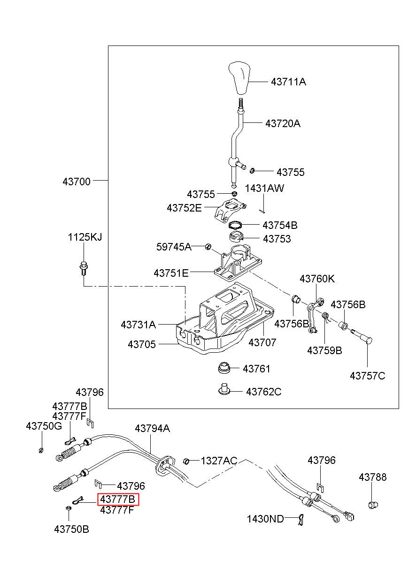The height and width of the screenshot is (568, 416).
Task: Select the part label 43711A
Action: [288, 82]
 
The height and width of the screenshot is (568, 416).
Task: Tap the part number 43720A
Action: [283, 123]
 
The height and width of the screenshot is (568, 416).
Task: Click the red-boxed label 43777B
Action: [118, 499]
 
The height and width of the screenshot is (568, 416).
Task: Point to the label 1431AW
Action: [264, 188]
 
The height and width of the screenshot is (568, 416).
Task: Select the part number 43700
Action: [77, 182]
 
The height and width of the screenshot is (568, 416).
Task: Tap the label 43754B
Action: [280, 225]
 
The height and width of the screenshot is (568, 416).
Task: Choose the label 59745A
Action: [174, 247]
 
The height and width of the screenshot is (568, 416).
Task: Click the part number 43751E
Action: [171, 273]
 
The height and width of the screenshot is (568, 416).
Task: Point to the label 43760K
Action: [317, 279]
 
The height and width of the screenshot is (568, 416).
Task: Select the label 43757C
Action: [367, 376]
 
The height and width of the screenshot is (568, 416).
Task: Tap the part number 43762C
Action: [264, 392]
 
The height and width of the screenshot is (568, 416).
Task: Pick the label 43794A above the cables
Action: [152, 428]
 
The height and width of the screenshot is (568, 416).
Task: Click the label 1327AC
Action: [219, 461]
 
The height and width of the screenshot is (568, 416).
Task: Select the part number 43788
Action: [372, 477]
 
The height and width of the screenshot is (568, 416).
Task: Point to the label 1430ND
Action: [265, 517]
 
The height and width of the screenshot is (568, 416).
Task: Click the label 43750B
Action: [71, 529]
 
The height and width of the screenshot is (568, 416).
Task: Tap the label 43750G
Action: [44, 426]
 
